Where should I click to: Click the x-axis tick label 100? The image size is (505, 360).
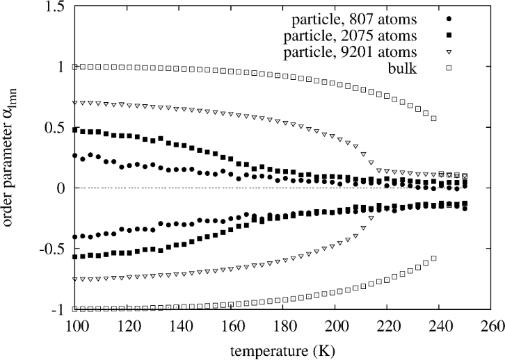(74, 325)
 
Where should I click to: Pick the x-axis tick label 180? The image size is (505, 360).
(282, 325)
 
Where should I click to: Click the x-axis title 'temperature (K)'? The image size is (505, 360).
(282, 350)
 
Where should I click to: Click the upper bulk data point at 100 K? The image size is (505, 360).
(75, 67)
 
